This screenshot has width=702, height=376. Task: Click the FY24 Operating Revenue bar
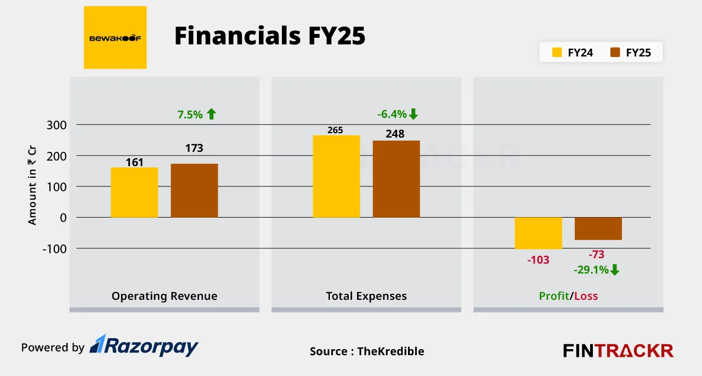[x=134, y=192]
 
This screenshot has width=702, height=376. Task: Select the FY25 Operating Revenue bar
[x=194, y=190]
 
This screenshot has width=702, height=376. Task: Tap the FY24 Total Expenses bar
[x=336, y=176]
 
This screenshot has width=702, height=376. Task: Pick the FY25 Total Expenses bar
[x=396, y=179]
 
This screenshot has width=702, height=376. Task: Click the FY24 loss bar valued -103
[x=538, y=233]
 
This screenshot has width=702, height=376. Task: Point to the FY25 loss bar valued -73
[x=598, y=229]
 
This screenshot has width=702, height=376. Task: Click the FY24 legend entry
[x=572, y=53]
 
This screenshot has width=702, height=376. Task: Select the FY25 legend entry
[x=630, y=53]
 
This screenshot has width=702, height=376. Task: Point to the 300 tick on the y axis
[x=55, y=125]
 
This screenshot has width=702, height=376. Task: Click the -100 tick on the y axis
[x=54, y=249]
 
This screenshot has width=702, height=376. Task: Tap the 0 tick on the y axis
[x=63, y=218]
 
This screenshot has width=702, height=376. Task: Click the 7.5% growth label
[x=196, y=115]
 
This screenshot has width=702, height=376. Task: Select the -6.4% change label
[x=398, y=115]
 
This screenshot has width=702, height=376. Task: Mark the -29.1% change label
[x=597, y=270]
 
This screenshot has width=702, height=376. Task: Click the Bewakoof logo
[x=115, y=38]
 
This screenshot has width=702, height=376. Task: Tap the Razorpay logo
[x=144, y=346]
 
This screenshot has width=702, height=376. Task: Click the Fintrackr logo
[x=618, y=351]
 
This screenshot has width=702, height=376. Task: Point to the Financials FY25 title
[x=269, y=37]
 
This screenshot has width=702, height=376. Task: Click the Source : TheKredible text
[x=367, y=351]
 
